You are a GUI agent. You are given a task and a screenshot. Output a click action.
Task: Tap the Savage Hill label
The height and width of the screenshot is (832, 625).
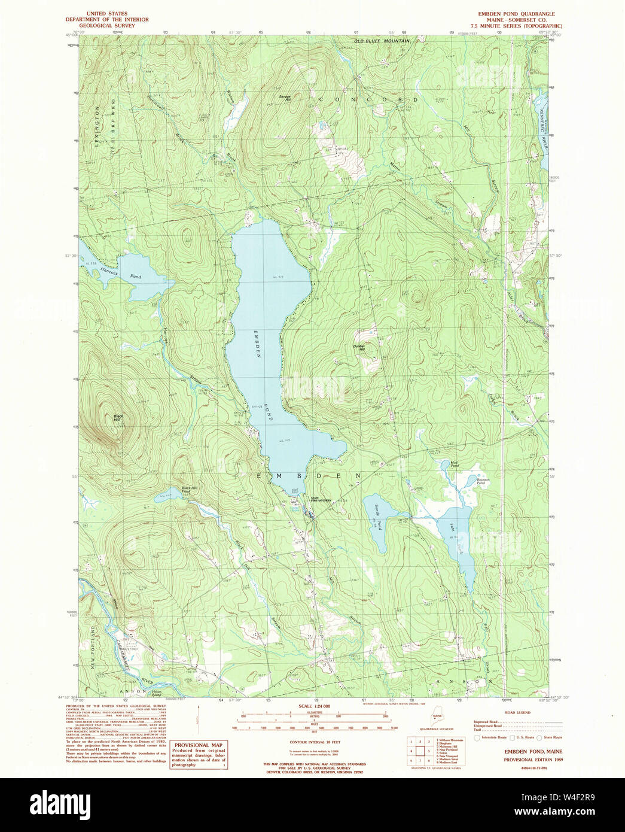pos(285,98)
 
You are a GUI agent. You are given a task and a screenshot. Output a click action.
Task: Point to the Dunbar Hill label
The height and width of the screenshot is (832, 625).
pos(359,348)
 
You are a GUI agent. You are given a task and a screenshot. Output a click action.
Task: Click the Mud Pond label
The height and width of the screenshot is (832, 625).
pos(446,464)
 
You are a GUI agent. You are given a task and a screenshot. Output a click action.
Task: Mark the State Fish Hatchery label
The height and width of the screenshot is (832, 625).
pos(320,500)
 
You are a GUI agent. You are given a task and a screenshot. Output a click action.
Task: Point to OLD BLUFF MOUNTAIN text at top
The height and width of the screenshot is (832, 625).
pos(381,41)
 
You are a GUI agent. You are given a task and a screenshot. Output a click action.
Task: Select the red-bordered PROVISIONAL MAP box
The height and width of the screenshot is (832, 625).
pos(199,755)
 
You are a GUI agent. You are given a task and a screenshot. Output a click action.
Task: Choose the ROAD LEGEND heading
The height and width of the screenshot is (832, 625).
pos(517,713)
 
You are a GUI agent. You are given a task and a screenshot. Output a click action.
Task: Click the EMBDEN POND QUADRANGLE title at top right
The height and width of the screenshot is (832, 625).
pos(516,13)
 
